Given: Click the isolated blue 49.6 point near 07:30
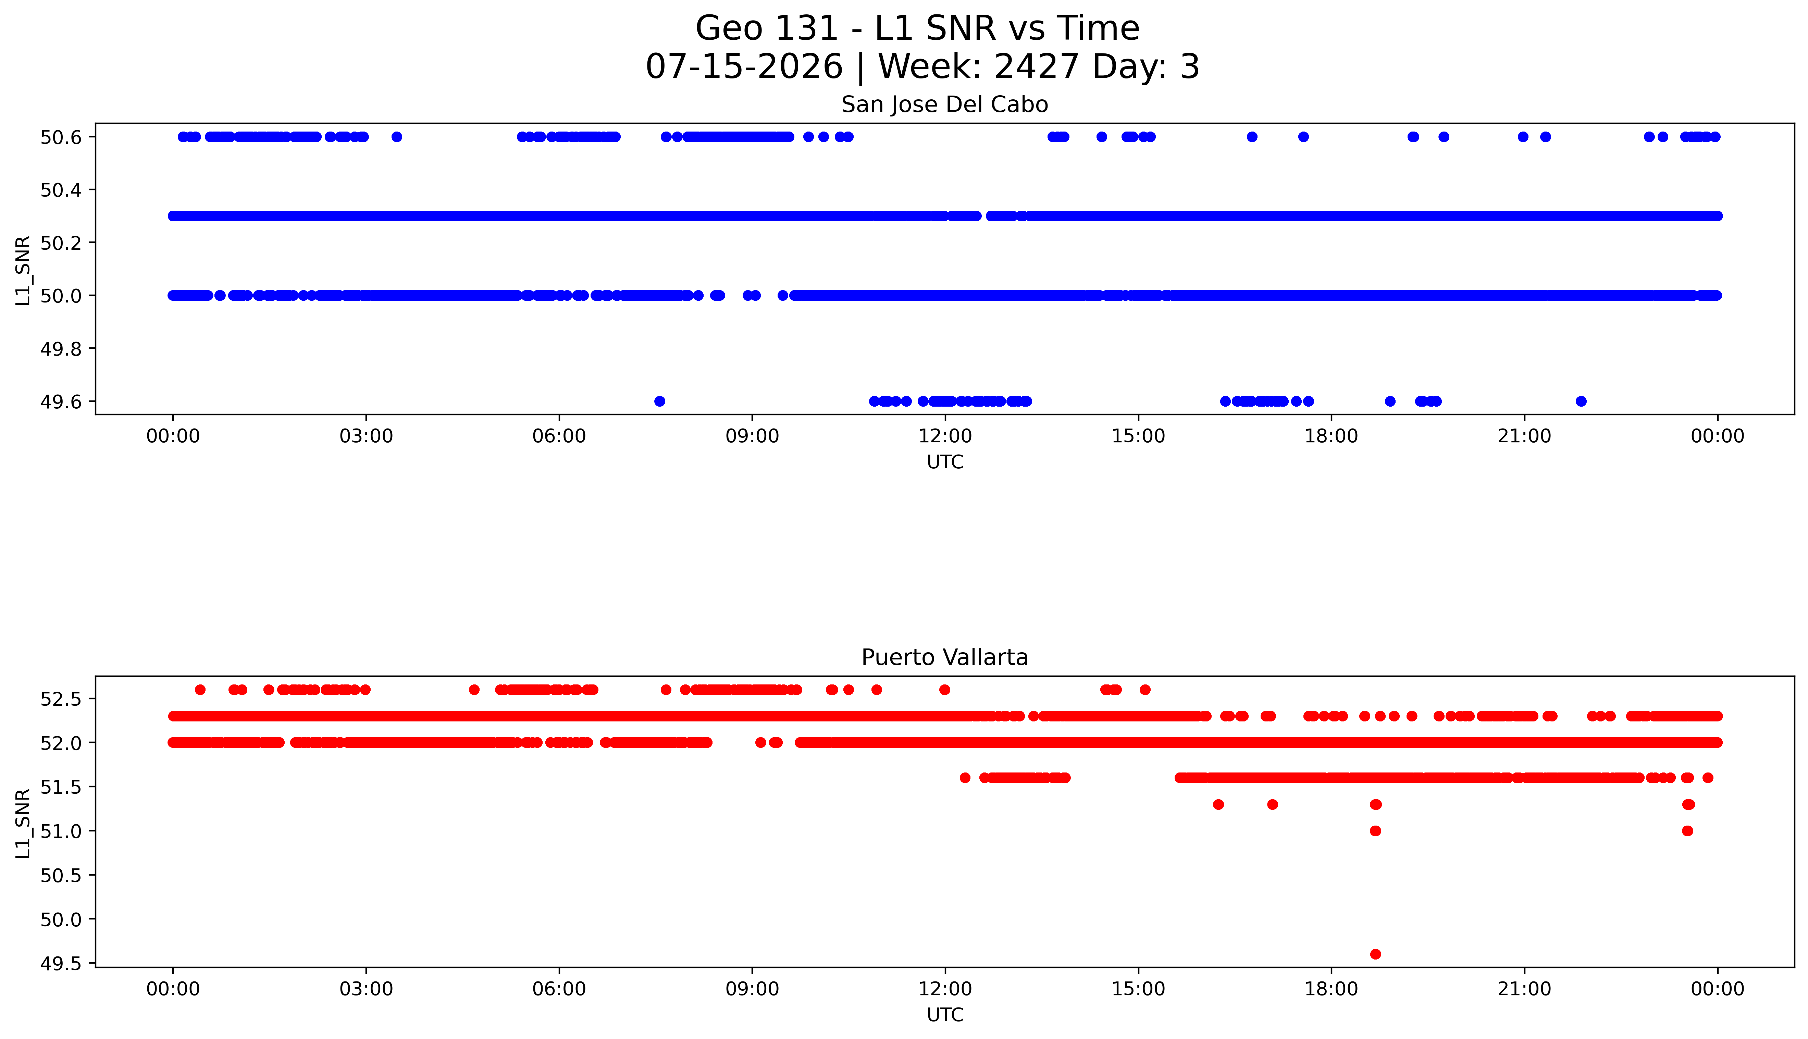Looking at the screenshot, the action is pos(659,401).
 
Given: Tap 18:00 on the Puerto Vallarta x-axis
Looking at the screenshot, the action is pos(1332,989).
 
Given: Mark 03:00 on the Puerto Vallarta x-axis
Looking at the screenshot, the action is pos(366,989).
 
